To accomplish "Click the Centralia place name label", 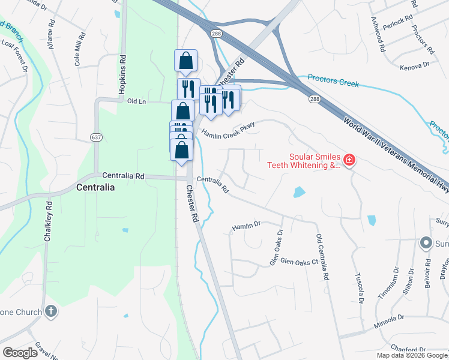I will pyautogui.click(x=95, y=187).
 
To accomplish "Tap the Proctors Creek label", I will pyautogui.click(x=333, y=80).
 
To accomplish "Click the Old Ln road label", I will pyautogui.click(x=137, y=101).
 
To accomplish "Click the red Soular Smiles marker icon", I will pyautogui.click(x=349, y=160).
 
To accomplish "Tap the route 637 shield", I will pyautogui.click(x=95, y=137).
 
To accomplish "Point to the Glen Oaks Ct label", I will pyautogui.click(x=298, y=262).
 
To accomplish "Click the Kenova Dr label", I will pyautogui.click(x=415, y=64).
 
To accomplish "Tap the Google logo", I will pyautogui.click(x=20, y=353).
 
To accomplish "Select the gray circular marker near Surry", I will pyautogui.click(x=426, y=243).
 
